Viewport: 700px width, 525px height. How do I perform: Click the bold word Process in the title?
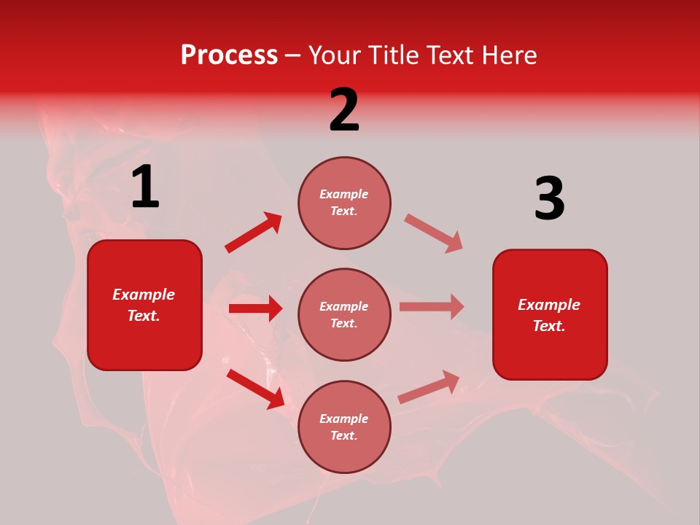(229, 55)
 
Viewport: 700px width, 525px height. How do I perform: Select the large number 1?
(145, 187)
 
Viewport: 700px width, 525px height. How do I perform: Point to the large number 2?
(344, 110)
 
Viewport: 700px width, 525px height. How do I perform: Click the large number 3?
(549, 199)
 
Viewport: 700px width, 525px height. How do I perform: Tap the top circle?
(344, 203)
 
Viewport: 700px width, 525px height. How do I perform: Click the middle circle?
(344, 314)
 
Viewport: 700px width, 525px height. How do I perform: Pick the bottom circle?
(344, 427)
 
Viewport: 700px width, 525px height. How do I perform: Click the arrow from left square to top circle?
(254, 233)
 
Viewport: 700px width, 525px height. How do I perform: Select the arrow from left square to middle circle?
(255, 308)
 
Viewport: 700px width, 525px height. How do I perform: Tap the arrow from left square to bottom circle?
(255, 388)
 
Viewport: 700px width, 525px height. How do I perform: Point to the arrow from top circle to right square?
(433, 233)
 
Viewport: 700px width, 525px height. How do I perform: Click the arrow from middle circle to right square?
(431, 306)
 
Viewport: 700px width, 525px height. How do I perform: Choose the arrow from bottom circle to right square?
(429, 387)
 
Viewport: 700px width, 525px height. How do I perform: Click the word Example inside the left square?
(144, 295)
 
